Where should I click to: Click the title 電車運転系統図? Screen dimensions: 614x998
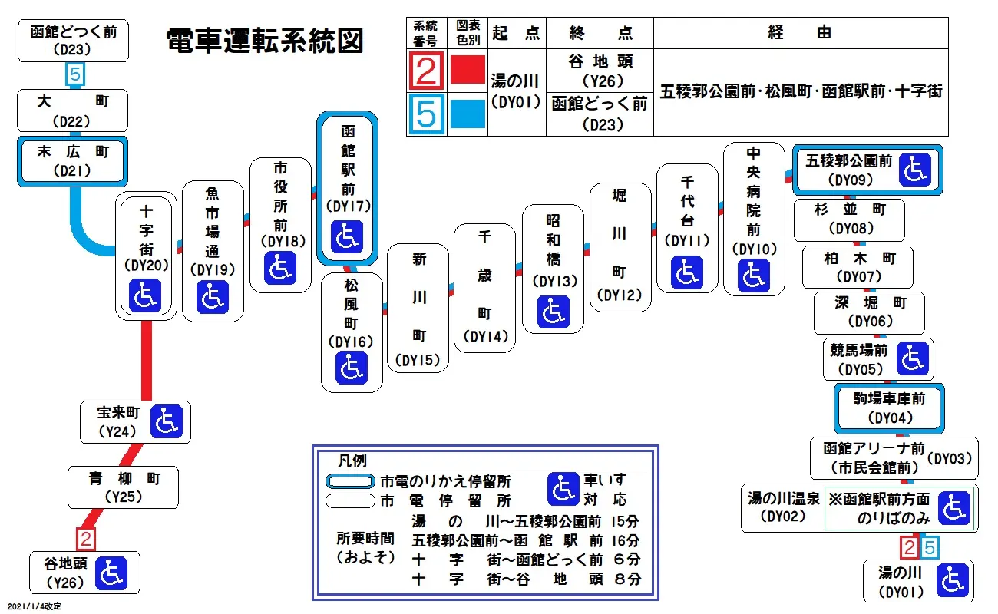pos(264,41)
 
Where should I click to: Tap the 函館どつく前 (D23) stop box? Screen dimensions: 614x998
pos(73,41)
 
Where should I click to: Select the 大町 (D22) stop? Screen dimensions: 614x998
pos(73,111)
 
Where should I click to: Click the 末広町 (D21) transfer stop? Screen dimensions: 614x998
pos(73,160)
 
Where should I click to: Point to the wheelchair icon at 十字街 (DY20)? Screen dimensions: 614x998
pos(145,296)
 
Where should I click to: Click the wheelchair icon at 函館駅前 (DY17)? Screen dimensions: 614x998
pos(348,236)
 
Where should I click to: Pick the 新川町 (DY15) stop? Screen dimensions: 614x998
pos(418,308)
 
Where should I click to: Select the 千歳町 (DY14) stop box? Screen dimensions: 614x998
pos(484,288)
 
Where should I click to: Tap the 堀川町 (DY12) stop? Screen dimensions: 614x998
pos(620,246)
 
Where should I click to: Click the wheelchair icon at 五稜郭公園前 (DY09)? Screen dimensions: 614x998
pos(914,170)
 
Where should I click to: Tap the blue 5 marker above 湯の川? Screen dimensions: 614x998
pos(929,547)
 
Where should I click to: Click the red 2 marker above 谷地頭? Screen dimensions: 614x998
pos(87,539)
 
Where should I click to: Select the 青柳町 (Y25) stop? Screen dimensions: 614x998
pos(123,487)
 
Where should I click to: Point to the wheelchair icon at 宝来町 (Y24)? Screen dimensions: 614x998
pos(166,421)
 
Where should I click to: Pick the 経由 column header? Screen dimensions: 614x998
pos(800,33)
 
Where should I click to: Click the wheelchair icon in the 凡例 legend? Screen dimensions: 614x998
pos(563,489)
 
